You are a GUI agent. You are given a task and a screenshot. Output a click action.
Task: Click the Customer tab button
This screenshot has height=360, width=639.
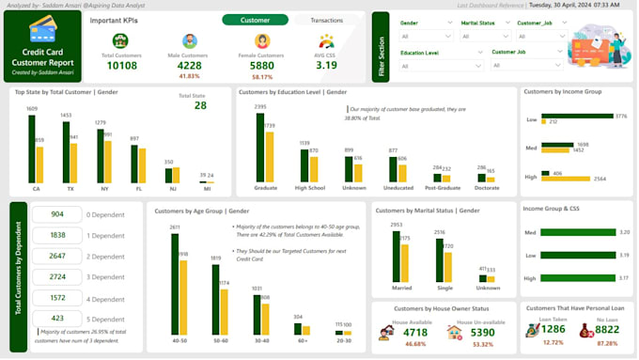click(x=255, y=20)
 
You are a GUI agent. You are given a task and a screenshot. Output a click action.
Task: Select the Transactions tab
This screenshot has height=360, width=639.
click(x=326, y=20)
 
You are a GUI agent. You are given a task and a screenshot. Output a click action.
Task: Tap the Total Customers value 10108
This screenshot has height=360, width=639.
click(x=121, y=65)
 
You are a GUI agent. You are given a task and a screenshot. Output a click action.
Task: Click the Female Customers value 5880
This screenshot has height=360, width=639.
click(x=262, y=65)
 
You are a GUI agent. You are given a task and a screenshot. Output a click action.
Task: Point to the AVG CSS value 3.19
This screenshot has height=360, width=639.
click(x=326, y=65)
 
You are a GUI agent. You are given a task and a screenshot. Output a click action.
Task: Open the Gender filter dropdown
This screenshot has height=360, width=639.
click(x=428, y=37)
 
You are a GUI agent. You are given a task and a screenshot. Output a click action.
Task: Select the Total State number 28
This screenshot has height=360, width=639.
click(x=200, y=105)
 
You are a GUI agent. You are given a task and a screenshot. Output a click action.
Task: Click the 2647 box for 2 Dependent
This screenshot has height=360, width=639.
click(x=57, y=256)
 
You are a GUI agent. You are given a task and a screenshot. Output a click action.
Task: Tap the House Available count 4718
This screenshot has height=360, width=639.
click(x=415, y=332)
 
